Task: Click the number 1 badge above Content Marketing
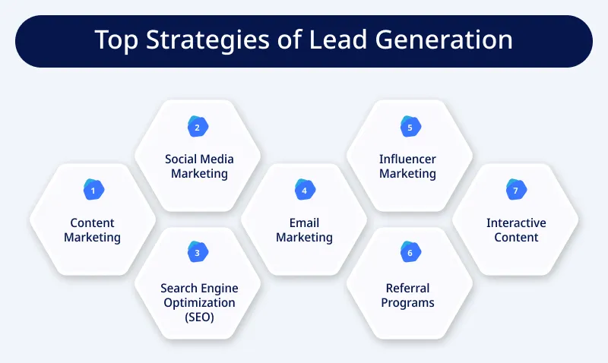tap(92, 191)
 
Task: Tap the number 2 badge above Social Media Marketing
tap(198, 128)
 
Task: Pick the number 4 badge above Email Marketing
tap(304, 191)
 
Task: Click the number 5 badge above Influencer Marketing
tap(410, 128)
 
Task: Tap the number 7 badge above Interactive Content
tap(515, 191)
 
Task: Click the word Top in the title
tap(115, 40)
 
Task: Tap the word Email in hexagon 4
tap(304, 223)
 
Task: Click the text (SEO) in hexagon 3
tap(198, 317)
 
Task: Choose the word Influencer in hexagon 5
tap(408, 159)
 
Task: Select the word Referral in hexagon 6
tap(408, 288)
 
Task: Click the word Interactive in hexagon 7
tap(516, 223)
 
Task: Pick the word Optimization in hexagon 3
tap(198, 302)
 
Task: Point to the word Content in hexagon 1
tap(92, 223)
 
